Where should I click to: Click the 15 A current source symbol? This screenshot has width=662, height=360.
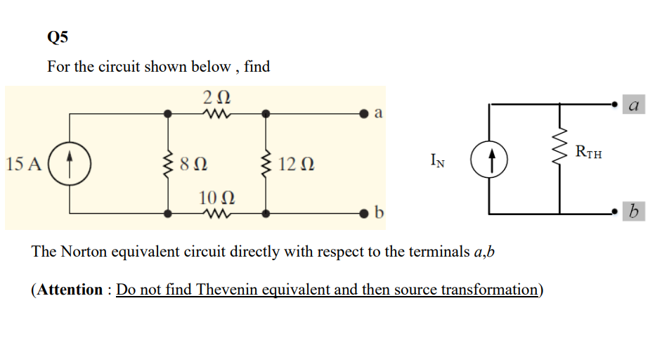click(69, 163)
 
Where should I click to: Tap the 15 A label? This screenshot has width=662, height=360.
click(23, 165)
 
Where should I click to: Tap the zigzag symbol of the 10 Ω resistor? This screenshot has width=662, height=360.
click(216, 212)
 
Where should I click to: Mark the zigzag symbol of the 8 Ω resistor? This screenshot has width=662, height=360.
click(167, 164)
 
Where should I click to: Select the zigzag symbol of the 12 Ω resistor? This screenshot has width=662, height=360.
click(266, 164)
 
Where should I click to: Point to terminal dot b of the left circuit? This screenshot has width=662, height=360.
click(364, 212)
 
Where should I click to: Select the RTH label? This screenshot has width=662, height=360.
click(588, 152)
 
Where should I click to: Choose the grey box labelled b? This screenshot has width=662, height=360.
click(633, 211)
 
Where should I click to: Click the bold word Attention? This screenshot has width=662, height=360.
click(69, 290)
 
